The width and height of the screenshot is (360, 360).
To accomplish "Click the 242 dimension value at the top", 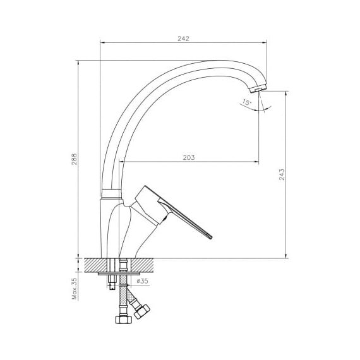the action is pyautogui.click(x=183, y=39).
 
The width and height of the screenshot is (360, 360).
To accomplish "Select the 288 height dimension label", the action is pyautogui.click(x=75, y=159).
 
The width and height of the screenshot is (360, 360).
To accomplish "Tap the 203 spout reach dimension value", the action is pyautogui.click(x=189, y=158).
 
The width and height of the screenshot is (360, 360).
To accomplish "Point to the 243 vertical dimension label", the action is pyautogui.click(x=282, y=174).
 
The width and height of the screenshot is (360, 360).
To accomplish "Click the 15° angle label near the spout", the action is pyautogui.click(x=247, y=102).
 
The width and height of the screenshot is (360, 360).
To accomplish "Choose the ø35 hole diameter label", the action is pyautogui.click(x=142, y=281).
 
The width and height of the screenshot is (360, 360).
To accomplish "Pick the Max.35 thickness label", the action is pyautogui.click(x=75, y=289).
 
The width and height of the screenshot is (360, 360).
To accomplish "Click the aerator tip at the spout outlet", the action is pyautogui.click(x=258, y=88).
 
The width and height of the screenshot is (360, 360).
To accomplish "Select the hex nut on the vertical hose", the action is pyautogui.click(x=124, y=320).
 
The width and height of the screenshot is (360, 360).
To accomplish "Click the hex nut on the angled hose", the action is pyautogui.click(x=142, y=311).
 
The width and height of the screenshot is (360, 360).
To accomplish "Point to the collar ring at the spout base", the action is pyautogui.click(x=111, y=193).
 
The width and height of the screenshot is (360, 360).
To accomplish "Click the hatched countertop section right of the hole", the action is pyautogui.click(x=142, y=265).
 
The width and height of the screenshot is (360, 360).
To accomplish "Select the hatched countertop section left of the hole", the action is pyautogui.click(x=96, y=265).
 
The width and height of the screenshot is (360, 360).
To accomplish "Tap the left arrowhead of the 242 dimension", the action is pyautogui.click(x=102, y=42).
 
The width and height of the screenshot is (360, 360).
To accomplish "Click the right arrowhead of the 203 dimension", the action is pyautogui.click(x=256, y=162).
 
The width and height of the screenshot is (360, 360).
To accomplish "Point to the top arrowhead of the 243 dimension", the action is pyautogui.click(x=286, y=93).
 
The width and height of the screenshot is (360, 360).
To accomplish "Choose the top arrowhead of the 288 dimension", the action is pyautogui.click(x=78, y=63).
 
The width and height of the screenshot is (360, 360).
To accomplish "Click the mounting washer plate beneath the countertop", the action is pyautogui.click(x=119, y=273).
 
